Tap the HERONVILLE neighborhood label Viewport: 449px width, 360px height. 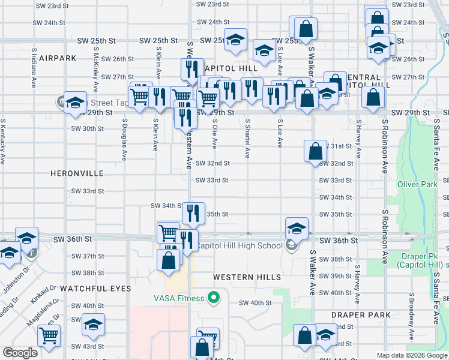pyautogui.click(x=77, y=173)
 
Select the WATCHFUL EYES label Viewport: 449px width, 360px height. pyautogui.click(x=95, y=289)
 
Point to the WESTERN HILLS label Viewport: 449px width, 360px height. pyautogui.click(x=247, y=277)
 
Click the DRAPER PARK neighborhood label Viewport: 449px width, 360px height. pyautogui.click(x=361, y=315)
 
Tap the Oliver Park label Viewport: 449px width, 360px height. pyautogui.click(x=417, y=184)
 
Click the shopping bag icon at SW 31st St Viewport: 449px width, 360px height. pyautogui.click(x=315, y=152)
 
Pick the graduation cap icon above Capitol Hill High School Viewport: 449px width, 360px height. pyautogui.click(x=297, y=229)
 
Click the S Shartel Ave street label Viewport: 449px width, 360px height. pyautogui.click(x=247, y=138)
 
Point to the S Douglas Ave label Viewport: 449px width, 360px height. pyautogui.click(x=124, y=139)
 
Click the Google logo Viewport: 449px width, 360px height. pyautogui.click(x=20, y=353)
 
